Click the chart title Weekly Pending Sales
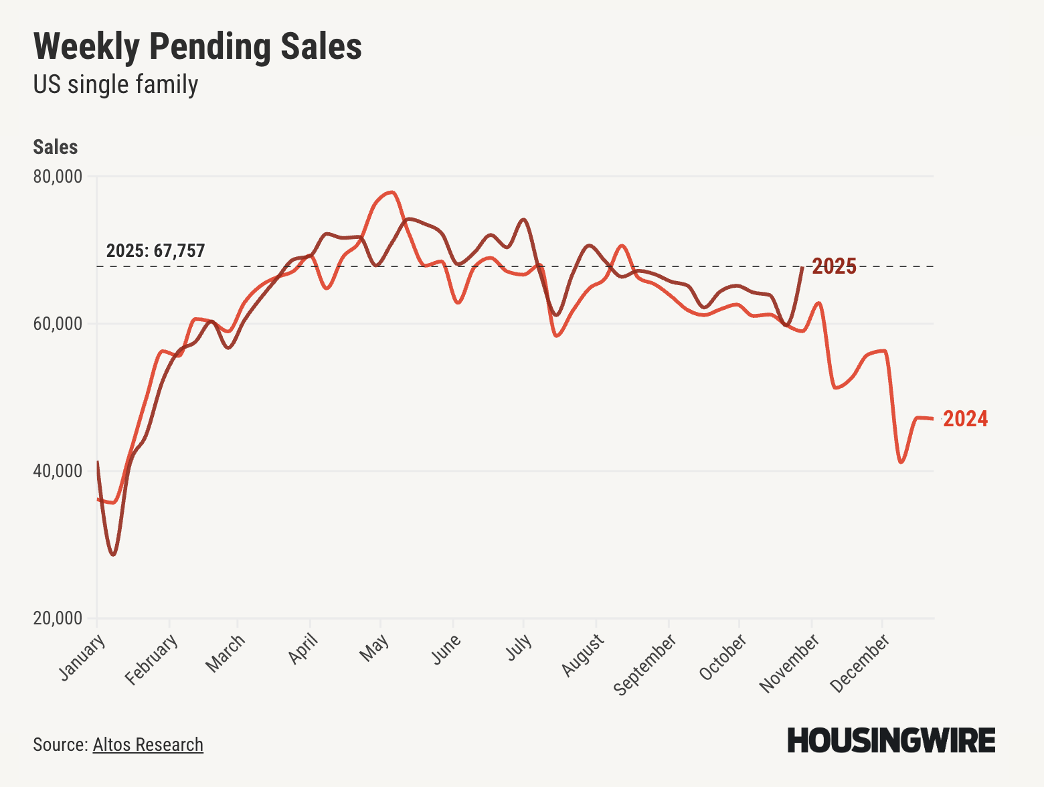tap(197, 47)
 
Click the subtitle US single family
tap(116, 85)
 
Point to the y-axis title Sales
tap(56, 147)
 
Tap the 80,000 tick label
tap(58, 177)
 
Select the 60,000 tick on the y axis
tap(58, 324)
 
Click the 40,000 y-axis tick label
tap(58, 471)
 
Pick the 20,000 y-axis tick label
tap(58, 618)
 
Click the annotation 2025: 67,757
tap(155, 251)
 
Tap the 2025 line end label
tap(834, 266)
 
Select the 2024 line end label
tap(965, 419)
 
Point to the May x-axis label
tap(375, 647)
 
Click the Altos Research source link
tap(148, 744)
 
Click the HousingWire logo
tap(891, 740)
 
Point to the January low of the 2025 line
tap(113, 555)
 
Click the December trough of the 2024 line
tap(901, 462)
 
